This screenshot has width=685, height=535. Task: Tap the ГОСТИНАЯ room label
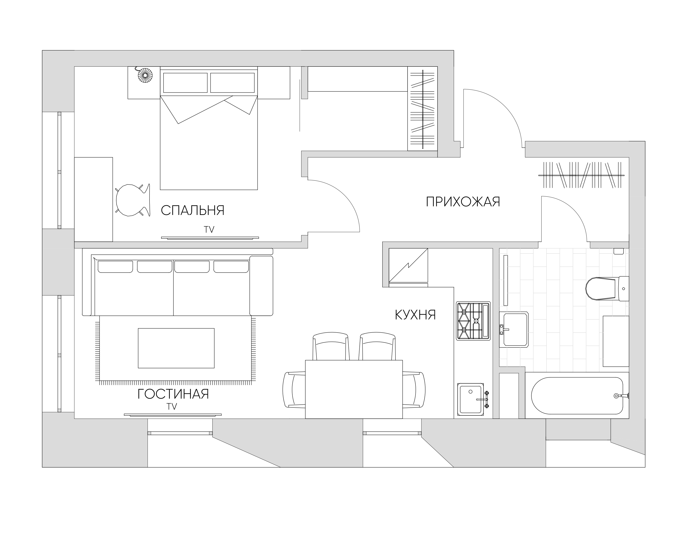pyautogui.click(x=173, y=394)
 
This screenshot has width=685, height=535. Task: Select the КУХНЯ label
pyautogui.click(x=415, y=315)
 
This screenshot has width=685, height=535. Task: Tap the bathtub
pyautogui.click(x=577, y=395)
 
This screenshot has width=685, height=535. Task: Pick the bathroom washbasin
pyautogui.click(x=514, y=329)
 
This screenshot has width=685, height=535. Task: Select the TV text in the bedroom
pyautogui.click(x=209, y=230)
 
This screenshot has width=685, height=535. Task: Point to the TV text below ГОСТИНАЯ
pyautogui.click(x=172, y=407)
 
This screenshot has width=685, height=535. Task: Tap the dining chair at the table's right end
pyautogui.click(x=414, y=390)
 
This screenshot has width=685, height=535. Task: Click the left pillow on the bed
pyautogui.click(x=185, y=83)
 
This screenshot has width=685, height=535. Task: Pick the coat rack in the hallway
pyautogui.click(x=581, y=175)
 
